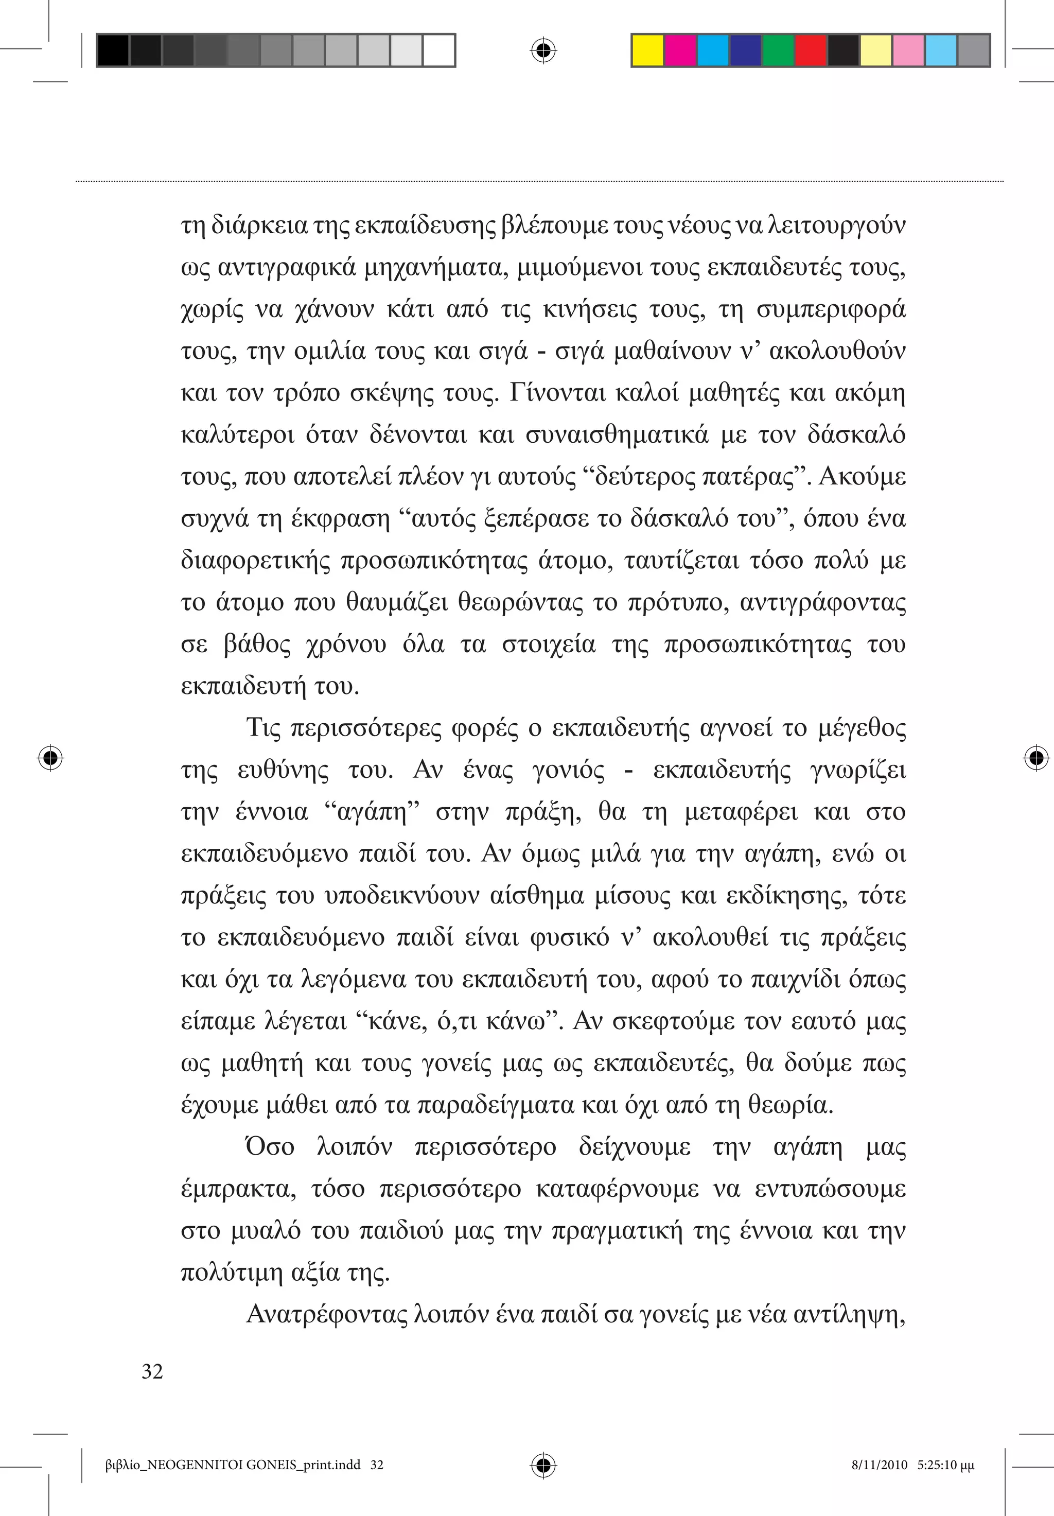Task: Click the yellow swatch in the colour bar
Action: (x=647, y=50)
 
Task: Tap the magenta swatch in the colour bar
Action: (x=680, y=50)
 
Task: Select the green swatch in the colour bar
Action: (x=778, y=50)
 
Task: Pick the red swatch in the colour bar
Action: (x=811, y=50)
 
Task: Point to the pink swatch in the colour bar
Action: (x=908, y=50)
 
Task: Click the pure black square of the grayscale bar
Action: (x=113, y=50)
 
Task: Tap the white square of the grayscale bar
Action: (x=439, y=50)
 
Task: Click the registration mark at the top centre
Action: (x=543, y=50)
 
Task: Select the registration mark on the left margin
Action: (x=50, y=757)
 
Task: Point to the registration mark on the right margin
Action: (x=1036, y=757)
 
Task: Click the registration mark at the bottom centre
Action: (x=543, y=1465)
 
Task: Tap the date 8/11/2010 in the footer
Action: (x=879, y=1465)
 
